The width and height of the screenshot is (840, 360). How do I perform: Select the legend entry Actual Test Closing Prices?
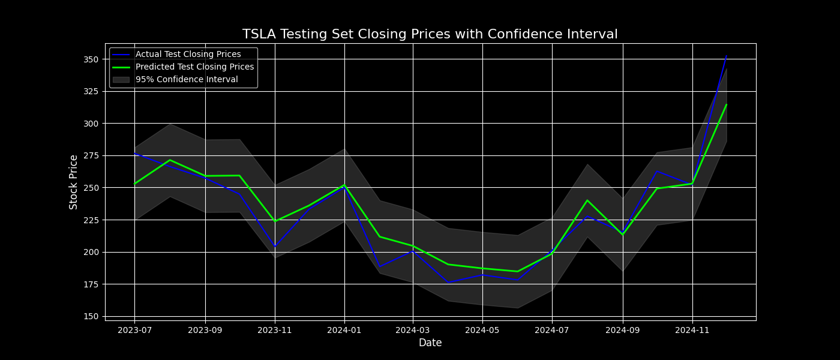tap(188, 55)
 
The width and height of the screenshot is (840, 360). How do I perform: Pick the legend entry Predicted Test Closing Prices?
tap(194, 67)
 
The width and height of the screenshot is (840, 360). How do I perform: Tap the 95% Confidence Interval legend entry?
tap(187, 80)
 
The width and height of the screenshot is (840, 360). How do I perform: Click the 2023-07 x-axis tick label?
tap(134, 330)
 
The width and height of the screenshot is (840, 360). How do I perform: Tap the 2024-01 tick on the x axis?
tap(344, 330)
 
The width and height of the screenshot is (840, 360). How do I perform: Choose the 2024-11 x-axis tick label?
tap(692, 330)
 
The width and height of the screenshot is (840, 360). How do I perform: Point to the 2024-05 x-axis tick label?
tap(483, 330)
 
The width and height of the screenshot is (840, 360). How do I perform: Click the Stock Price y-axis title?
tap(74, 182)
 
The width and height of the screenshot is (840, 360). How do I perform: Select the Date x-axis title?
tap(430, 343)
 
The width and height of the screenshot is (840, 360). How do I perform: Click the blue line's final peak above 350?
tap(727, 56)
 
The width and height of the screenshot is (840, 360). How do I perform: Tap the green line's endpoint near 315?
tap(727, 104)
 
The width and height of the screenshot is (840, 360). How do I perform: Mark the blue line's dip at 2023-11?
tap(275, 247)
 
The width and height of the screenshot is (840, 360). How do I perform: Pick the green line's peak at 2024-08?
tap(587, 200)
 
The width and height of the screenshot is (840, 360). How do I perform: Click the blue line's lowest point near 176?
tap(448, 283)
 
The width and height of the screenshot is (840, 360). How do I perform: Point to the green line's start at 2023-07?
tap(134, 184)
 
